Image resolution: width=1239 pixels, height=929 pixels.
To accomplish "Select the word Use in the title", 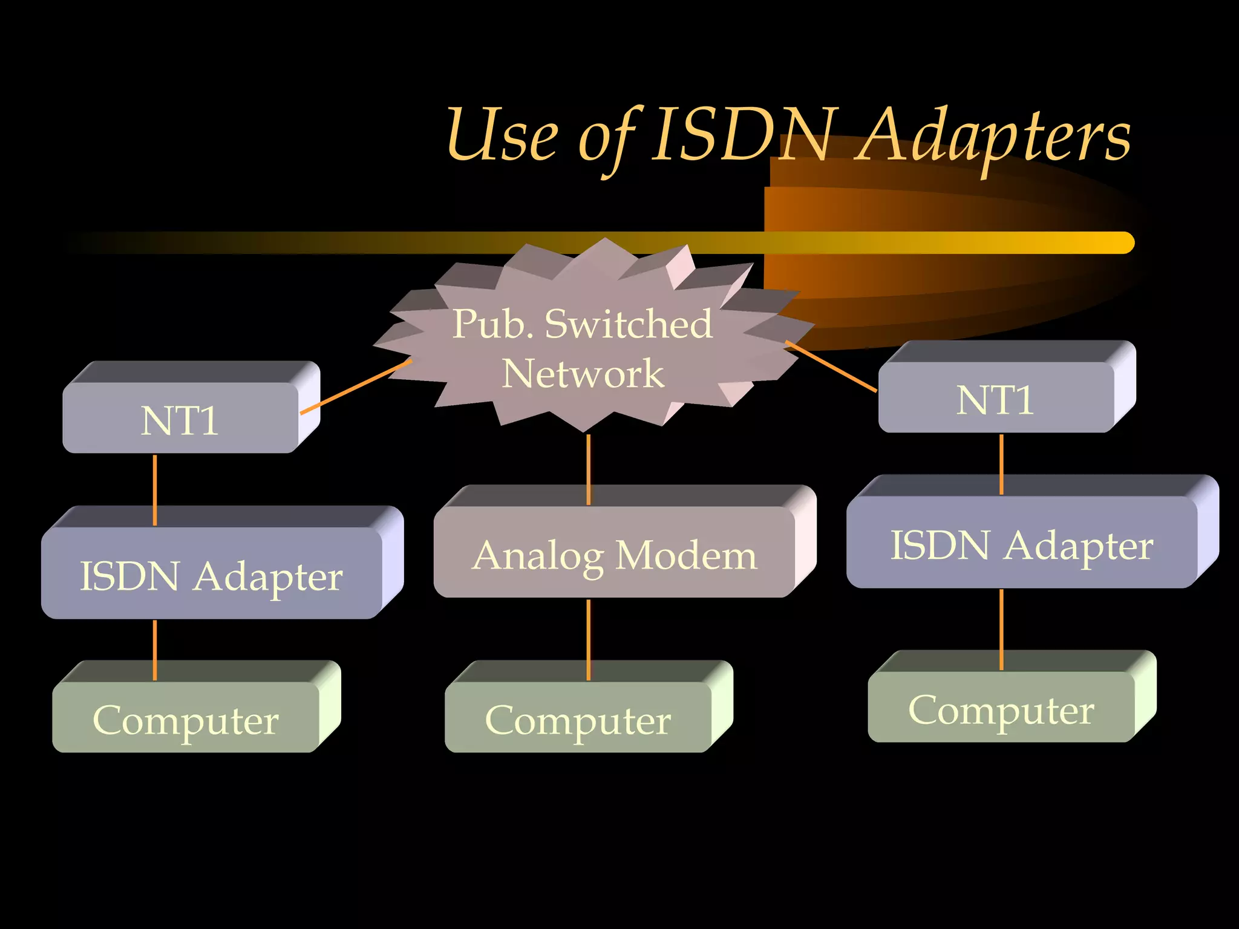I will (x=502, y=136).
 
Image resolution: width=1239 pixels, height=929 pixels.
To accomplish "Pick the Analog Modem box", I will (x=614, y=553).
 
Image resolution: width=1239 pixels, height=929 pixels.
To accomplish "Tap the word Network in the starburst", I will (x=583, y=373).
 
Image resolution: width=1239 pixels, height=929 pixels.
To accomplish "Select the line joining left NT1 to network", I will (x=356, y=387).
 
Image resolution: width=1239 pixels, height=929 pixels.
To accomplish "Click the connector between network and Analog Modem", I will (x=589, y=469).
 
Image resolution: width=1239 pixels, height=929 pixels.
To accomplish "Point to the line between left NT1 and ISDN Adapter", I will (x=155, y=490).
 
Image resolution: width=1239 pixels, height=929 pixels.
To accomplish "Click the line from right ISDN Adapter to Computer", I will (x=1001, y=629).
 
